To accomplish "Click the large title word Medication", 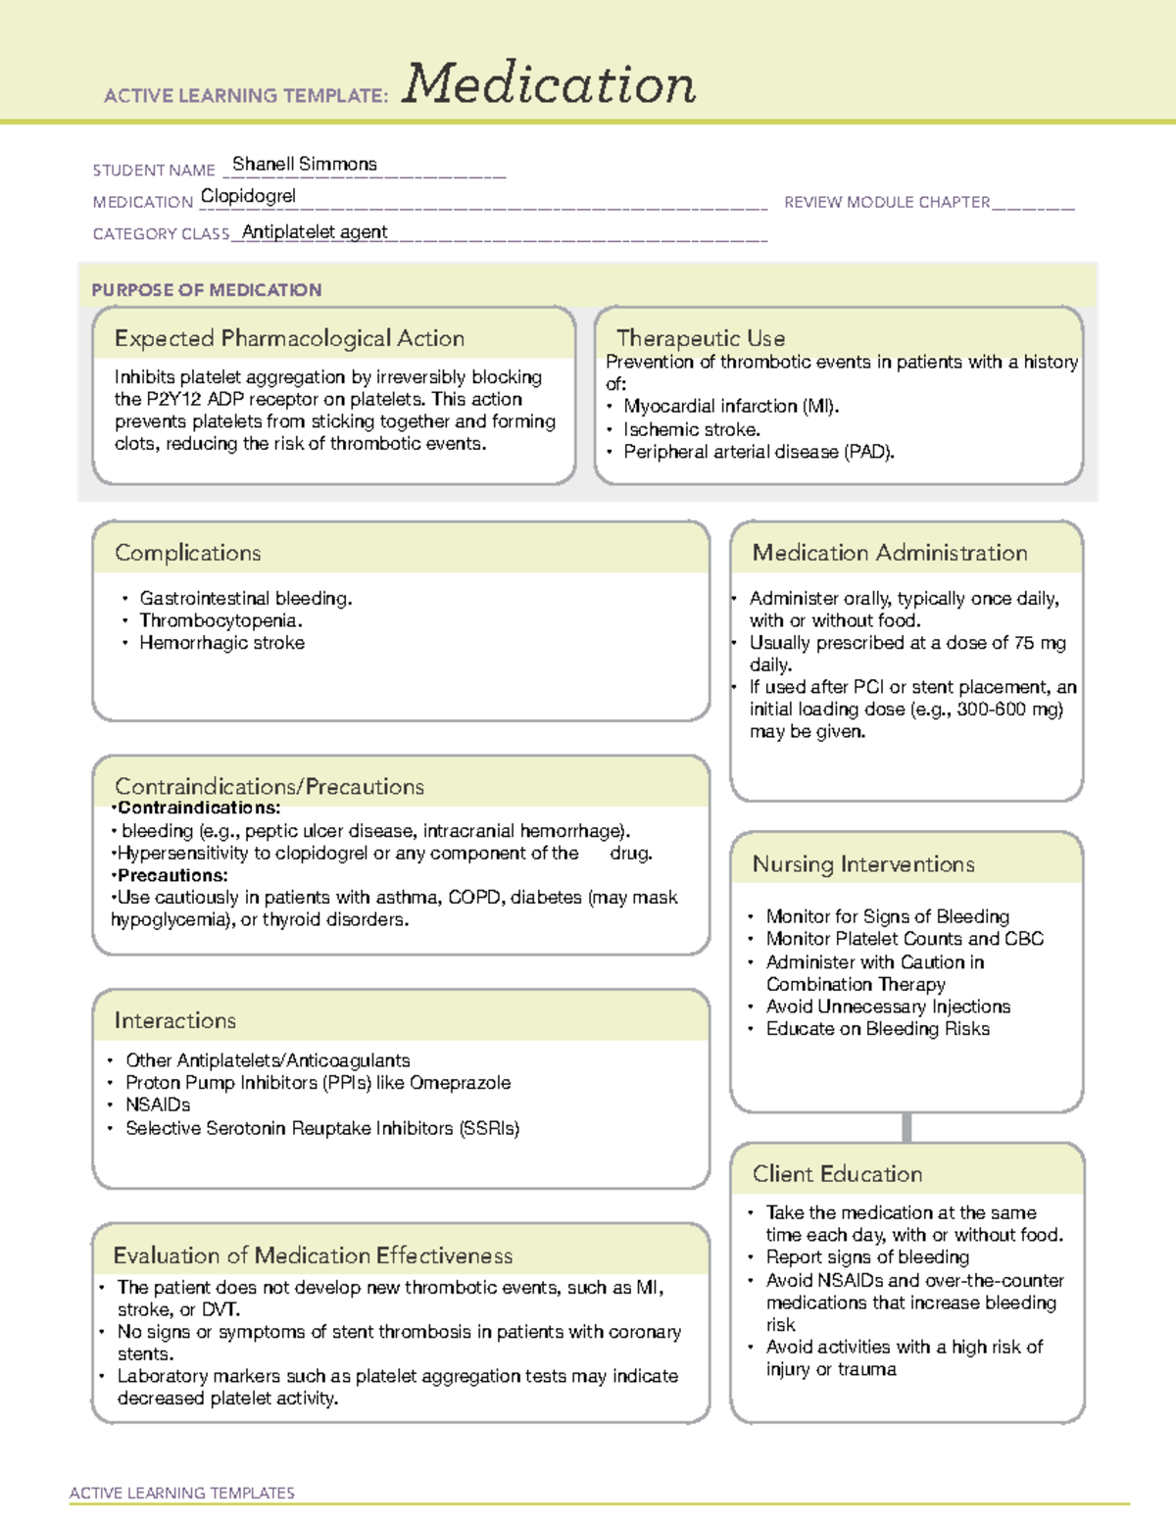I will tap(549, 84).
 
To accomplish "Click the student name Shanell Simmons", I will tap(304, 165).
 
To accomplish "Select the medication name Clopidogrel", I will tap(248, 196).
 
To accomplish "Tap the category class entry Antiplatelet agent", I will tap(315, 232).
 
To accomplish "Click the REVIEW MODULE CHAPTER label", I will tap(886, 202).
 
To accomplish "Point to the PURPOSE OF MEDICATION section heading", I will tap(206, 290).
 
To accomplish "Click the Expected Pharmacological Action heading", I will tap(289, 339).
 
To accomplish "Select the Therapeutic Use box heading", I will tap(700, 338).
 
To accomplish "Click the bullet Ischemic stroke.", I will tap(691, 429).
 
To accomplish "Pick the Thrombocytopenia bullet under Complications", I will tap(220, 620).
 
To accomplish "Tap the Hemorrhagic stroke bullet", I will tap(221, 643).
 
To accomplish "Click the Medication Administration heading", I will tap(889, 553).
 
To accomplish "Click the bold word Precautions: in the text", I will tap(172, 875).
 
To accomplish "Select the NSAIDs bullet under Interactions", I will tap(158, 1105).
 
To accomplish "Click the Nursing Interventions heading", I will tap(862, 864).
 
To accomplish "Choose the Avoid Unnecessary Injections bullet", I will tap(887, 1006).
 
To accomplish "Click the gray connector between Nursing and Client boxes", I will tap(906, 1127).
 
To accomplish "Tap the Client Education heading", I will tap(837, 1174).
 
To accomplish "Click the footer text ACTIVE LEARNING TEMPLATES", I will tap(181, 1493).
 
